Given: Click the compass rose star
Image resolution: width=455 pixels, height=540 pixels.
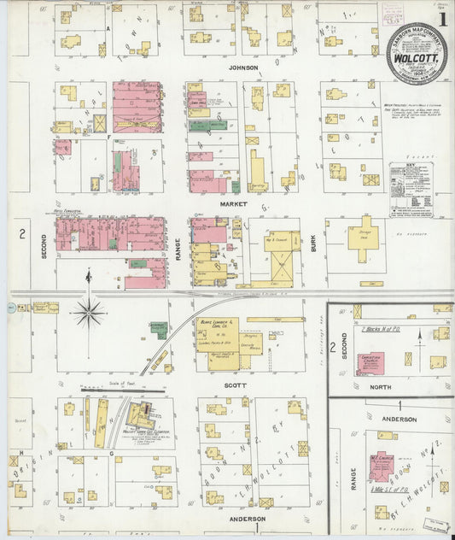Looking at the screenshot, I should click(x=88, y=312).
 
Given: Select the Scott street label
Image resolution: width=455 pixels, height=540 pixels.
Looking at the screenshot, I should click(x=235, y=385).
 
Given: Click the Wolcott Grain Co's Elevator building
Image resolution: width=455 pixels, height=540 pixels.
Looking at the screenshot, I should click(x=139, y=418).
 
